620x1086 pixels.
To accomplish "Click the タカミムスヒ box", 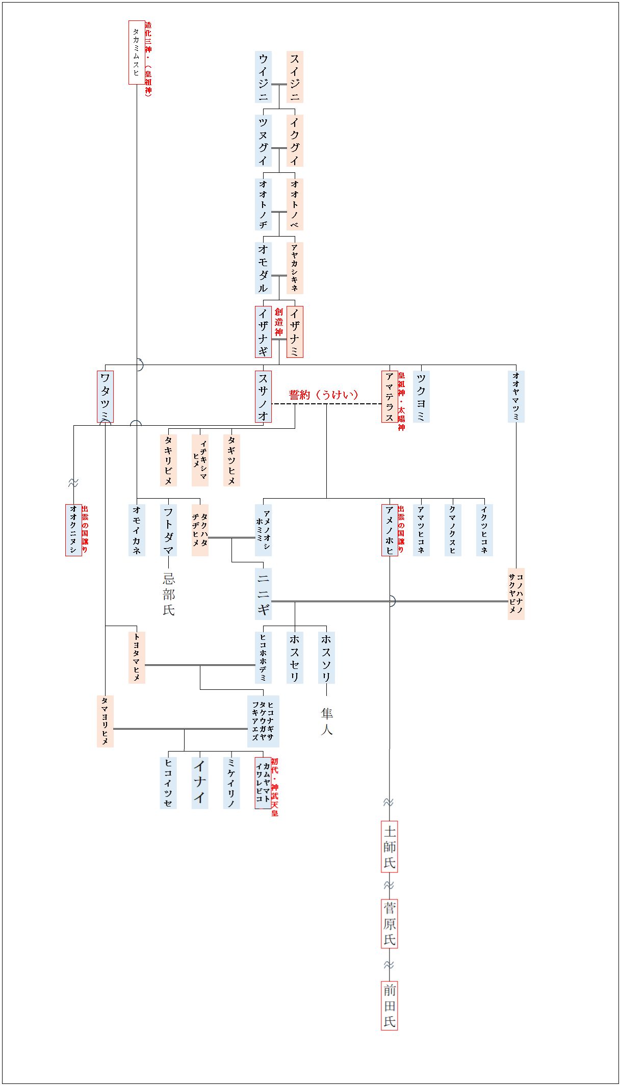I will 136,53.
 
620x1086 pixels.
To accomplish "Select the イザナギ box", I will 263,331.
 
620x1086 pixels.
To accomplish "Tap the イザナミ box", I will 295,331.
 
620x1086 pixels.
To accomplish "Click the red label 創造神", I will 279,322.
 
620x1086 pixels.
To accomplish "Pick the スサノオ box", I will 263,397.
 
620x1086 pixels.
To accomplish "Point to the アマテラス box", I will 390,397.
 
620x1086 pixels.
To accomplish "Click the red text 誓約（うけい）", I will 323,395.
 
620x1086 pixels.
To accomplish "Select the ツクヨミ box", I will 421,397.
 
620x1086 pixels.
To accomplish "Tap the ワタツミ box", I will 105,397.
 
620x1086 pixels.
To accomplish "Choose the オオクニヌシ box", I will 73,530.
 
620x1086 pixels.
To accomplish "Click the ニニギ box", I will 263,593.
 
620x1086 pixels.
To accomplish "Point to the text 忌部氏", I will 169,594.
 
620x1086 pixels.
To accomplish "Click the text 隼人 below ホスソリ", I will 326,721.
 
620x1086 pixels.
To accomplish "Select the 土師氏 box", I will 390,846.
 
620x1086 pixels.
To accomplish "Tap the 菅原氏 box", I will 390,923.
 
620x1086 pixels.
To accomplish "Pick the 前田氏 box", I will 390,1005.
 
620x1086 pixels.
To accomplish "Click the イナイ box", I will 200,783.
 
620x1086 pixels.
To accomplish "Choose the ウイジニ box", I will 263,77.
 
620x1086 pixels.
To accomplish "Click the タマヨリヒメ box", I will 105,721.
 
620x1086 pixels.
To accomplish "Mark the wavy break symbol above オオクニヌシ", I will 73,482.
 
